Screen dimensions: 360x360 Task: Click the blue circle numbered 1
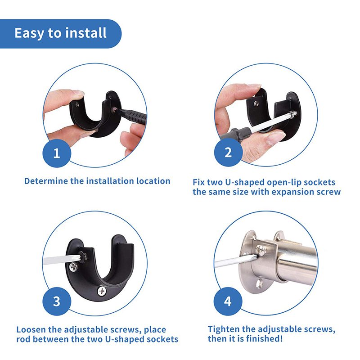pos(57,153)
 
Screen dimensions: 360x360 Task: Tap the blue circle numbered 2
pos(228,152)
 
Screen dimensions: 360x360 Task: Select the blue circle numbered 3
pos(57,301)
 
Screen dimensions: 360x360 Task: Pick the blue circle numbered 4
pos(228,301)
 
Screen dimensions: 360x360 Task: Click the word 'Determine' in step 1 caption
pos(46,181)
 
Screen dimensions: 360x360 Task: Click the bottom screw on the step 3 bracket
pos(102,291)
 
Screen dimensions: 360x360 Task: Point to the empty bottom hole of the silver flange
pos(260,283)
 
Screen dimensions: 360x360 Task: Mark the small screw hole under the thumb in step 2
pos(256,104)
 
